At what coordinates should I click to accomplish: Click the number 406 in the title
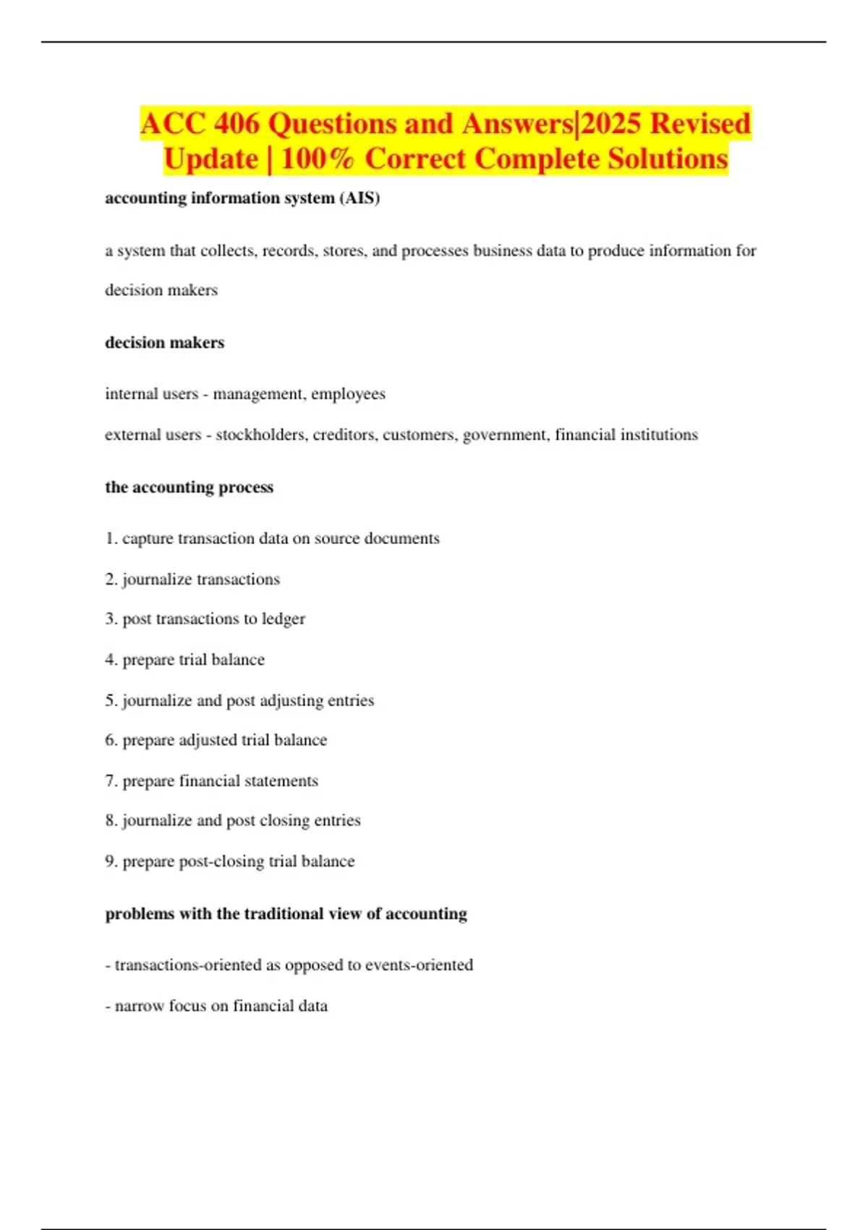(237, 124)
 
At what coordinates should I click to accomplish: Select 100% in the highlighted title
(317, 159)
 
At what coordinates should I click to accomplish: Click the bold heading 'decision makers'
(165, 343)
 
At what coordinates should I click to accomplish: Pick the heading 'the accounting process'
(190, 488)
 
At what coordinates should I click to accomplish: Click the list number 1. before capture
(111, 539)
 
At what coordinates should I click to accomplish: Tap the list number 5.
(111, 700)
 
